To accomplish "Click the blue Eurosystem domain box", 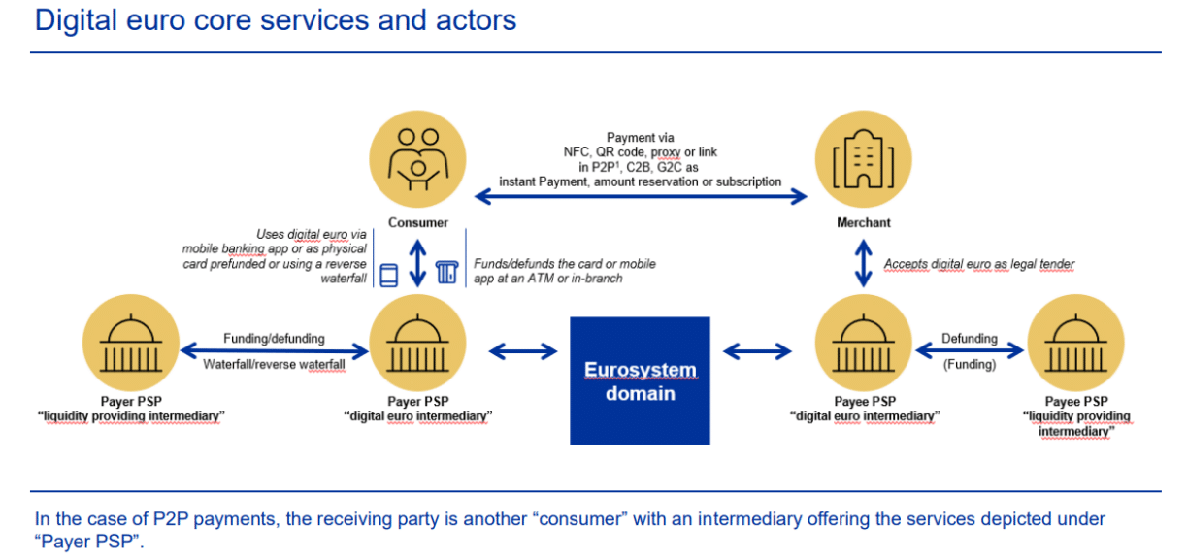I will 640,380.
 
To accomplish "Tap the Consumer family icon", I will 418,158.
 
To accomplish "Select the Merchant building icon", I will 863,158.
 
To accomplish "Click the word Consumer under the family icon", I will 418,222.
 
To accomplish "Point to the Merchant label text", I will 863,222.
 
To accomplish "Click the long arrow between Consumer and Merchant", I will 641,197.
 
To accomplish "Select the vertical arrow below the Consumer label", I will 418,262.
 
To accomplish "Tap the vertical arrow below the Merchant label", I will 863,262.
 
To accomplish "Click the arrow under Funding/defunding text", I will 274,350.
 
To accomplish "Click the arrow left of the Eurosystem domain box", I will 524,350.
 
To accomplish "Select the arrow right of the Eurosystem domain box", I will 757,350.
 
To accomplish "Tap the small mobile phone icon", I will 388,275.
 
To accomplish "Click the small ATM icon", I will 447,274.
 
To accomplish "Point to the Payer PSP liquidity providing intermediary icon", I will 132,345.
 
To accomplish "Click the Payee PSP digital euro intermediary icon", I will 863,345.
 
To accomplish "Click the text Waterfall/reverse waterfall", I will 274,365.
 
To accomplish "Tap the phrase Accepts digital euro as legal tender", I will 978,264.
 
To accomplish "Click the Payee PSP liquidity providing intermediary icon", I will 1075,345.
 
